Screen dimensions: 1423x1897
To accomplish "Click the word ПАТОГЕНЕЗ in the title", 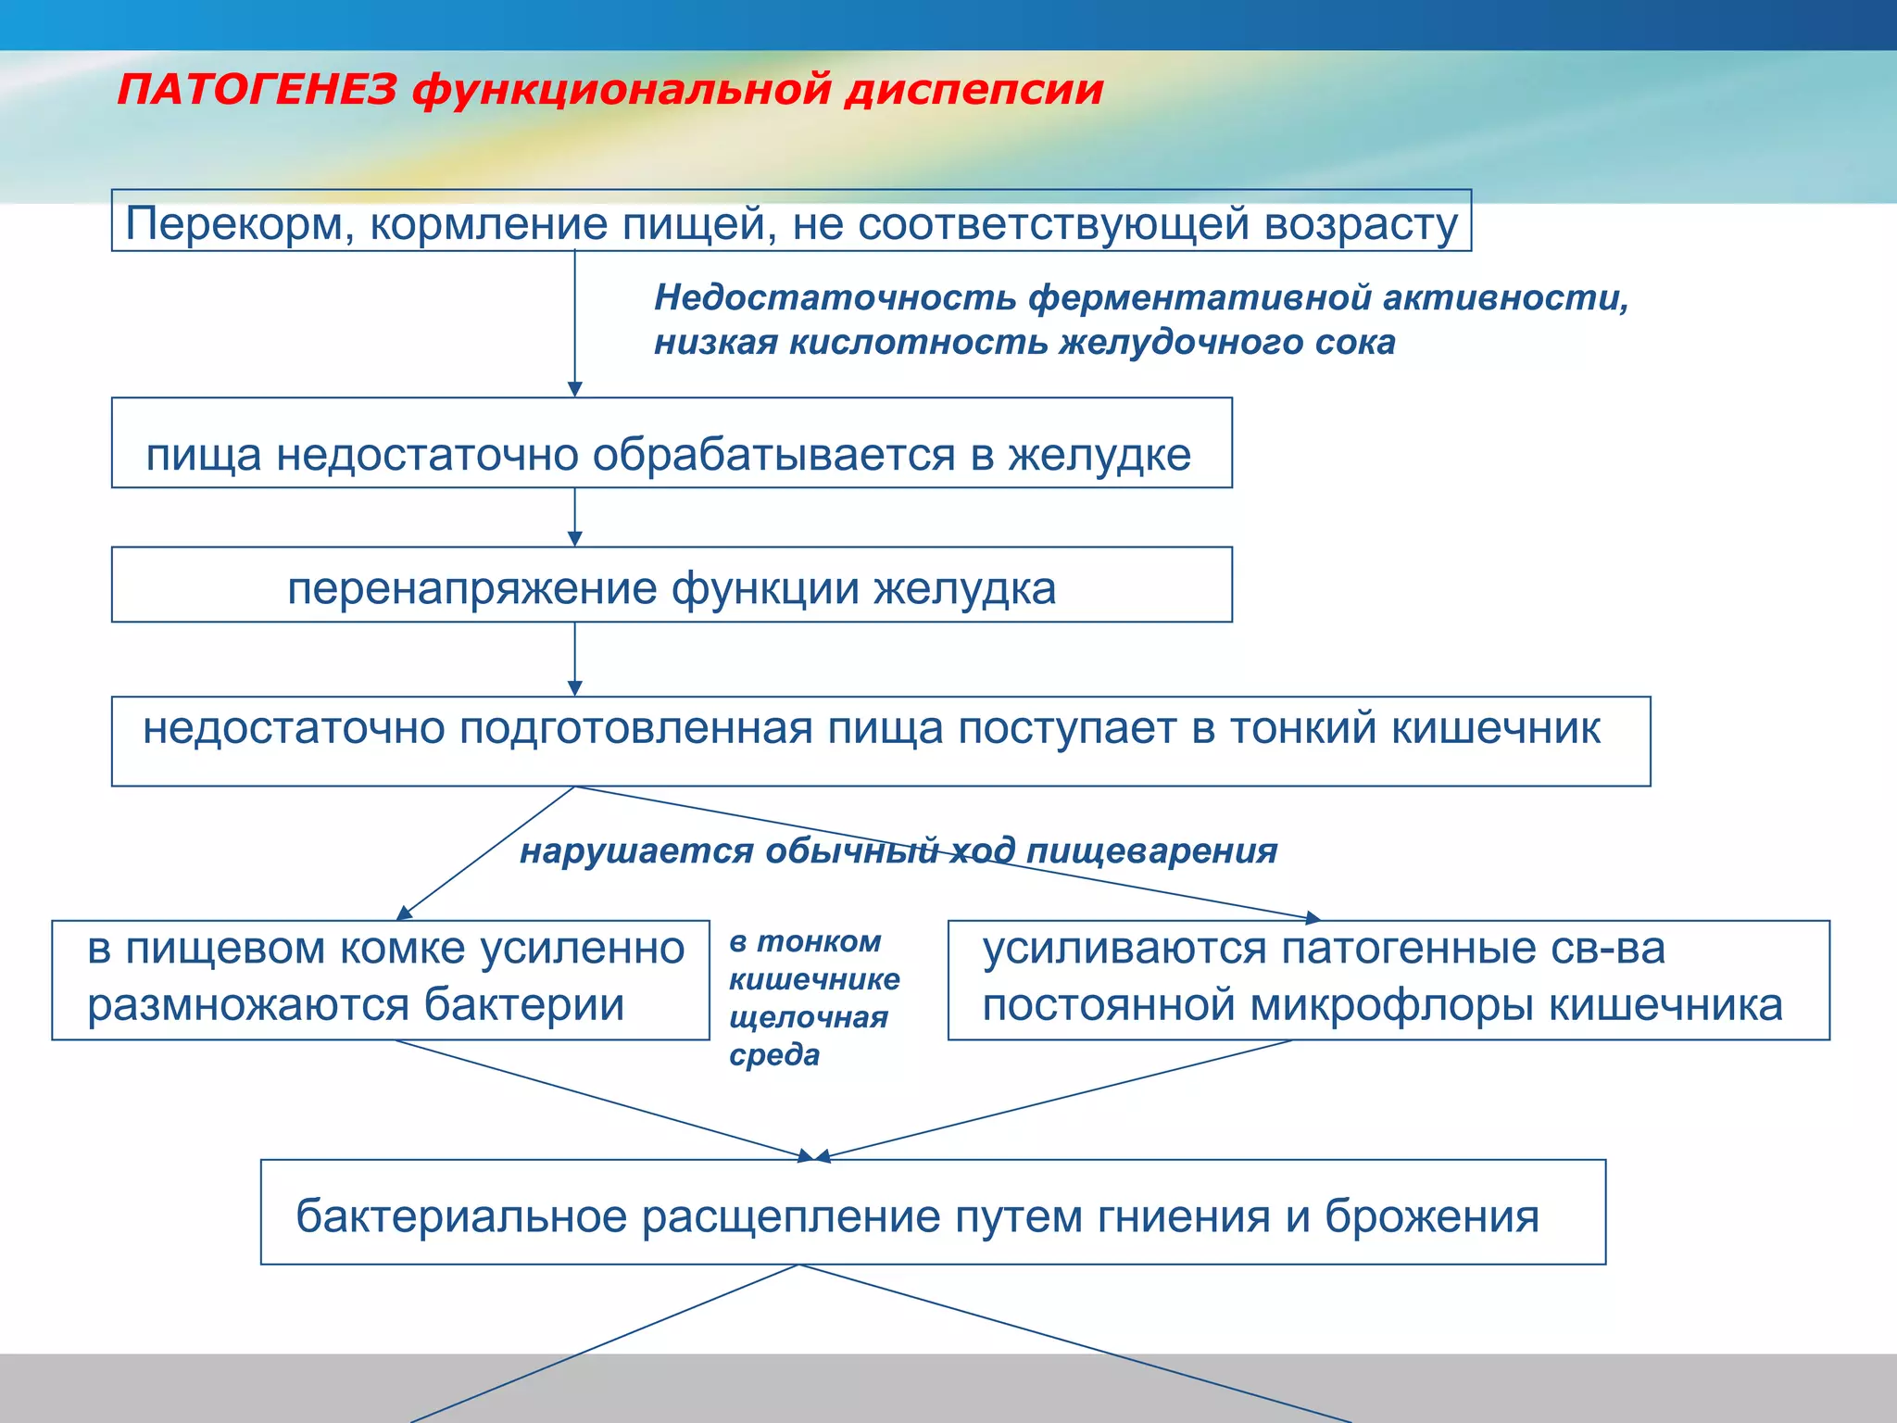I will pyautogui.click(x=257, y=91).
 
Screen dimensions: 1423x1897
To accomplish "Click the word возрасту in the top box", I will pyautogui.click(x=1361, y=224).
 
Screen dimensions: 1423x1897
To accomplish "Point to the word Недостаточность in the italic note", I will pyautogui.click(x=835, y=297).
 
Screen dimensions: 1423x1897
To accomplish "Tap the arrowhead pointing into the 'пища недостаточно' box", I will pyautogui.click(x=574, y=390).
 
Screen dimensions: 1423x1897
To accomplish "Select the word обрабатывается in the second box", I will pyautogui.click(x=773, y=455).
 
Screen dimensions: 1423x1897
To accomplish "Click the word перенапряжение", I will pyautogui.click(x=471, y=588).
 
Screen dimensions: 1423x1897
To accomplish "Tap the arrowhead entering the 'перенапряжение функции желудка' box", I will pyautogui.click(x=574, y=539).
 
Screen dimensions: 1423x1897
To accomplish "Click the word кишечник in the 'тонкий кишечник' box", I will pyautogui.click(x=1495, y=728).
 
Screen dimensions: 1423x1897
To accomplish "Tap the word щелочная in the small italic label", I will pyautogui.click(x=808, y=1017).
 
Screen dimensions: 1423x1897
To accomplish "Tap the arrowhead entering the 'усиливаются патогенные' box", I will pyautogui.click(x=1313, y=918).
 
